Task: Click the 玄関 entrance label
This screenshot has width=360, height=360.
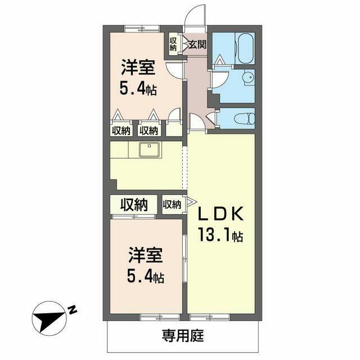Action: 197,44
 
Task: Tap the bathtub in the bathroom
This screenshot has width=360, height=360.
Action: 245,48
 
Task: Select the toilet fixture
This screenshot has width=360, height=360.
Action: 244,119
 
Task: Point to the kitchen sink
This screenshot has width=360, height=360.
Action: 149,149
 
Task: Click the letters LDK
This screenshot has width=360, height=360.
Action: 220,214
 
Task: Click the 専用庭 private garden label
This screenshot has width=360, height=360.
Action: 183,335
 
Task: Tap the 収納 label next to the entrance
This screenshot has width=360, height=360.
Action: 173,44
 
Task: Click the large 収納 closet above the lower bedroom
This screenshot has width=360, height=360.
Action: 134,204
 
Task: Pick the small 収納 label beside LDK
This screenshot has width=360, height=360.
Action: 172,204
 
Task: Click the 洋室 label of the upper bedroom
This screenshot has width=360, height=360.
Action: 138,67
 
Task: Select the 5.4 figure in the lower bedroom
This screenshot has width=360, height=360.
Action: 139,277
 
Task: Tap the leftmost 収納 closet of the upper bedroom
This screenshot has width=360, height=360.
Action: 121,131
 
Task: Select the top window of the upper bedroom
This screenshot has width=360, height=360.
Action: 142,29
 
